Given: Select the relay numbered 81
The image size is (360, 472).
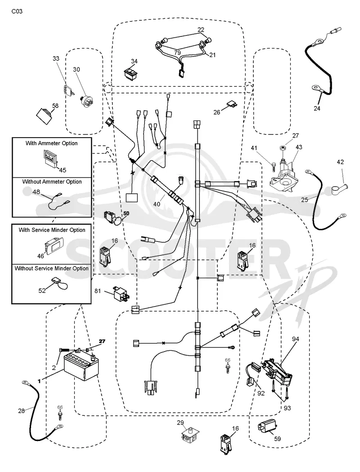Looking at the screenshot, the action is (121, 292).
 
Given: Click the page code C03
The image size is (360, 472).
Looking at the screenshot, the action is (17, 11).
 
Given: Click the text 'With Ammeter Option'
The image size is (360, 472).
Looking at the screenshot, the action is (51, 143).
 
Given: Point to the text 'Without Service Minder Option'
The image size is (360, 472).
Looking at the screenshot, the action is (51, 268).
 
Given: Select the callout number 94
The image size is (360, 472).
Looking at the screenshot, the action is (296, 339).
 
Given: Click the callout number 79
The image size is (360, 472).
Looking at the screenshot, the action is (177, 53).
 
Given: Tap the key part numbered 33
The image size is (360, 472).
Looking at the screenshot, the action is (69, 90).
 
